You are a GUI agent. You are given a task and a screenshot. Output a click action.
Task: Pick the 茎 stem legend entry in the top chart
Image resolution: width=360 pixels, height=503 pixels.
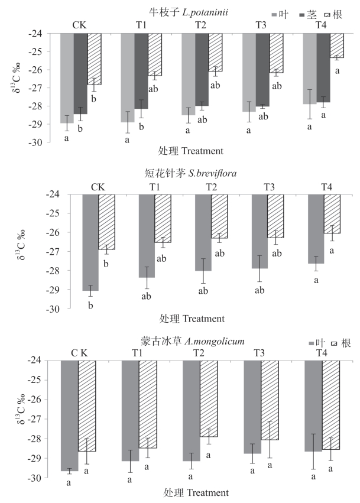[307, 13]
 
